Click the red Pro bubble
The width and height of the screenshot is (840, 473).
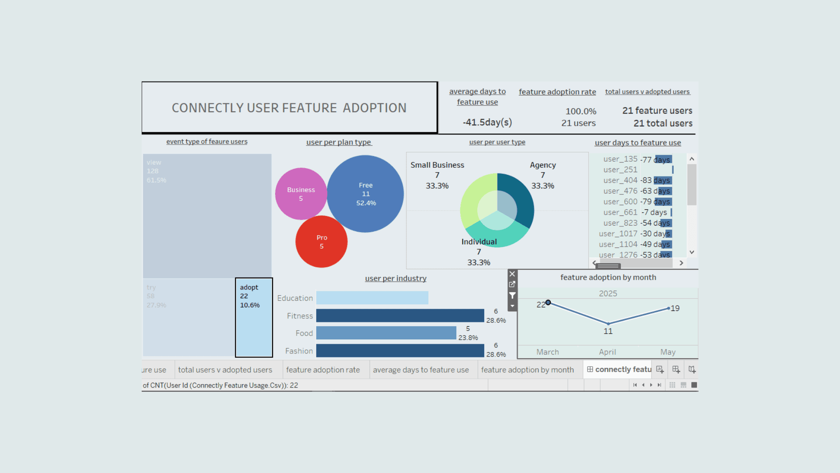(322, 242)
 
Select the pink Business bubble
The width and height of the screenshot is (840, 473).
(301, 194)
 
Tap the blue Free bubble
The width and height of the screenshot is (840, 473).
(366, 194)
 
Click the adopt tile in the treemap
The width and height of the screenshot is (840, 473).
(254, 318)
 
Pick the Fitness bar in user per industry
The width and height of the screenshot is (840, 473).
(400, 315)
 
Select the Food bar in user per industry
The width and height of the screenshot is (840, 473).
(386, 333)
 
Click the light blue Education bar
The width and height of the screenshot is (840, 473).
(372, 298)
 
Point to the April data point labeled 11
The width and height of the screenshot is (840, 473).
(608, 324)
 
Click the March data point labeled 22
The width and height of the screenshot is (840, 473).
(548, 303)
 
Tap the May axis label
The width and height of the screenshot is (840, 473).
(668, 352)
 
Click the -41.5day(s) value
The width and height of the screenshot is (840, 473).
(487, 122)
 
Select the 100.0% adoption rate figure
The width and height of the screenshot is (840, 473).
(581, 111)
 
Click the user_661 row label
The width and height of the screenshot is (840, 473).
(620, 212)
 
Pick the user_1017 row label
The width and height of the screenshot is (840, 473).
(618, 234)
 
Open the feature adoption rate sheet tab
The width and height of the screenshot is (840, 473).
(323, 370)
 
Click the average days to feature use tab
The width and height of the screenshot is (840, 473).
(420, 370)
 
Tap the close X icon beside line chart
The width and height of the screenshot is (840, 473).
(512, 274)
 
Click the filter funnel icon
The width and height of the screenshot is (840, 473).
(512, 296)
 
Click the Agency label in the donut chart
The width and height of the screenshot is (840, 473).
(542, 165)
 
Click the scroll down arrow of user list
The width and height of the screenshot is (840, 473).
(692, 252)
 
